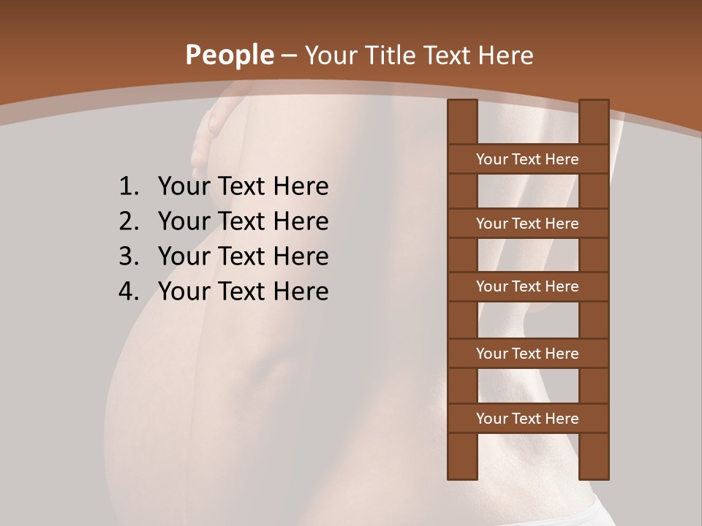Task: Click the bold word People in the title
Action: click(x=230, y=56)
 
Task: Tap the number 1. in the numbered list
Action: click(x=129, y=187)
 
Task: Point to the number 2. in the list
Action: click(x=129, y=221)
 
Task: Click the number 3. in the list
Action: click(x=129, y=256)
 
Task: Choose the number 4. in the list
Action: click(x=129, y=291)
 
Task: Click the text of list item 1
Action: click(x=243, y=187)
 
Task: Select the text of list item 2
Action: click(x=243, y=221)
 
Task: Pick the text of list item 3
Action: click(x=243, y=256)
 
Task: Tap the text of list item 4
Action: click(x=243, y=291)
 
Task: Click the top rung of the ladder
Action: click(x=528, y=159)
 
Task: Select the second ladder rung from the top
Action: click(x=528, y=224)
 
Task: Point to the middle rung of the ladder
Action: click(x=528, y=286)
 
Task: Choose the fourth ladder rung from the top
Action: click(x=528, y=354)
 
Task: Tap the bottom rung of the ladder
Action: click(x=528, y=419)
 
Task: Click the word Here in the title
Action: click(x=506, y=56)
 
